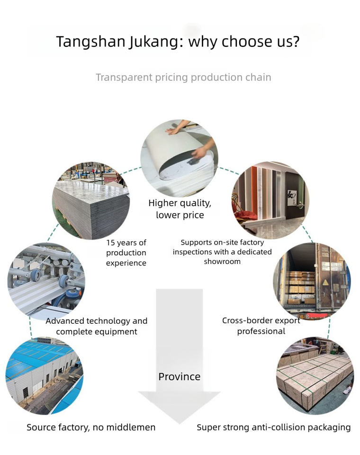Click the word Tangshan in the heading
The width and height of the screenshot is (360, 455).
(90, 42)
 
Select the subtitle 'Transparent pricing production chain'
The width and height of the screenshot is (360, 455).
(183, 77)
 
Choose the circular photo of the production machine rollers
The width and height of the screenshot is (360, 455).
(46, 280)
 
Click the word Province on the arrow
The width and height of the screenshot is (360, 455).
(180, 377)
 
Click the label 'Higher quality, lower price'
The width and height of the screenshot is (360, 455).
(180, 209)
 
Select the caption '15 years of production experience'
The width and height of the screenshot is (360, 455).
(126, 253)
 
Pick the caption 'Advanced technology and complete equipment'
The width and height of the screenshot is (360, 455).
(97, 326)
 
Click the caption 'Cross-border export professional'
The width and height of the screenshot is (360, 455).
(261, 326)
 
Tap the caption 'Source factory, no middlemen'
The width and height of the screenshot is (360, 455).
(91, 428)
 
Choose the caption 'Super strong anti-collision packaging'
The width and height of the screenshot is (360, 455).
(274, 428)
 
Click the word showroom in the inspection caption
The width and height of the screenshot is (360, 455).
(222, 262)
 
